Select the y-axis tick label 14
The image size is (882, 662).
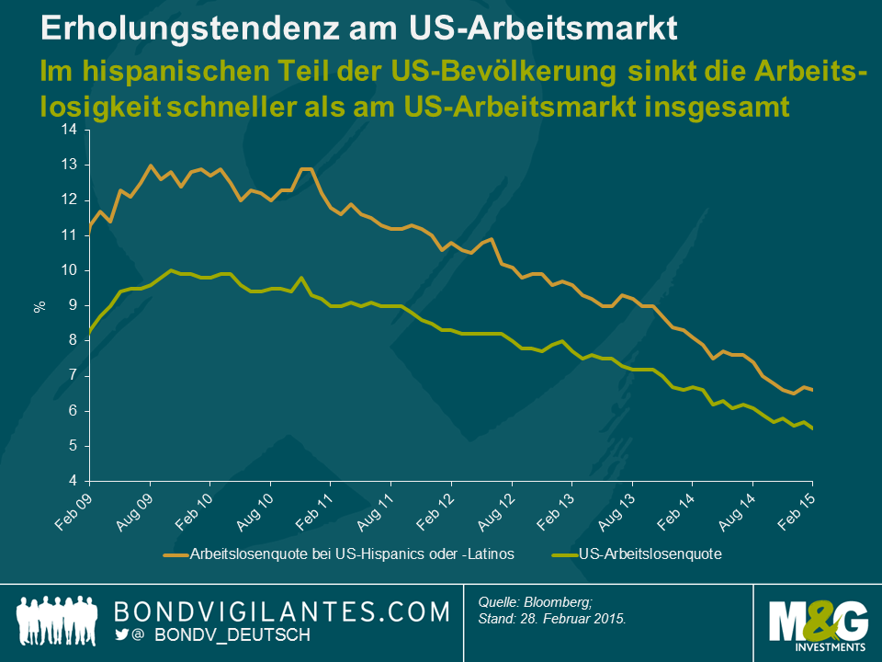(x=69, y=130)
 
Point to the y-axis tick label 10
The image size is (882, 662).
(x=69, y=270)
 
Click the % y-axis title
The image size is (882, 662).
(x=40, y=305)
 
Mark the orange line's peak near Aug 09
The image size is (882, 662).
(x=150, y=165)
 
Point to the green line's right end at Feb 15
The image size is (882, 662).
(x=812, y=428)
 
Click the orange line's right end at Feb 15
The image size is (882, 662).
(x=812, y=390)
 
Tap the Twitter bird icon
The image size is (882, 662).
(x=122, y=634)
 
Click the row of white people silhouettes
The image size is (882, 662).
(x=57, y=620)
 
